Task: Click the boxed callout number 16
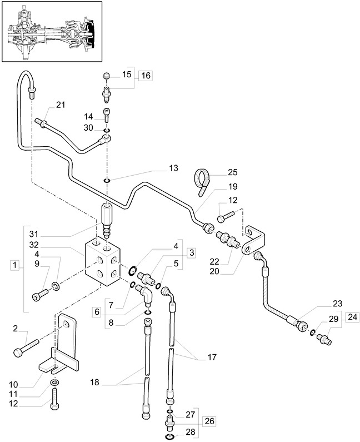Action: pos(144,76)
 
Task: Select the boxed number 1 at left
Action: pos(15,265)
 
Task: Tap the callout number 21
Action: pos(60,106)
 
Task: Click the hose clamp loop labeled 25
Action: pos(204,180)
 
